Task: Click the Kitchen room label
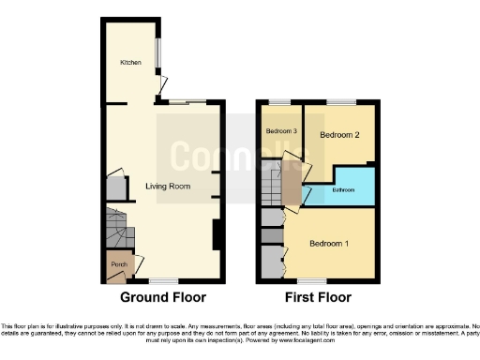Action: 130,63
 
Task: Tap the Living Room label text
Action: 168,186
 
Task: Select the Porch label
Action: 119,264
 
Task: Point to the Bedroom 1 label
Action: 329,245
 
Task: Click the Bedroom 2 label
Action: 339,135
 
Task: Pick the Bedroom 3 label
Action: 282,131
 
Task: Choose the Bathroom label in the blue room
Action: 342,190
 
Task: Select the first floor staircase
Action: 273,183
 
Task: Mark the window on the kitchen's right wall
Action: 157,54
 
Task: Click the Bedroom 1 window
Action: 312,280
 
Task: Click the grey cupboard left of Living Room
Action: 114,187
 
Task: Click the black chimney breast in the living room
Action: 217,233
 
